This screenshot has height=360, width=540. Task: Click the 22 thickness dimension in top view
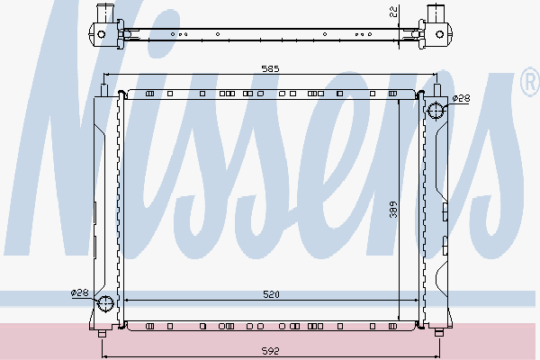pyautogui.click(x=393, y=12)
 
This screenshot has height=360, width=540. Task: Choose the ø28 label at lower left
pyautogui.click(x=80, y=292)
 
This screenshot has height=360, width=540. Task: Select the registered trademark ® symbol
pyautogui.click(x=529, y=85)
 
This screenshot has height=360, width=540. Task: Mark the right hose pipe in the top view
pyautogui.click(x=436, y=13)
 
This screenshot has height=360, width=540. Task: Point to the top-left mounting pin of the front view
pyautogui.click(x=105, y=89)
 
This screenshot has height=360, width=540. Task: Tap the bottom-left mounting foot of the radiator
pyautogui.click(x=102, y=333)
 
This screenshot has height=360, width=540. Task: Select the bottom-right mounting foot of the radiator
pyautogui.click(x=438, y=333)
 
